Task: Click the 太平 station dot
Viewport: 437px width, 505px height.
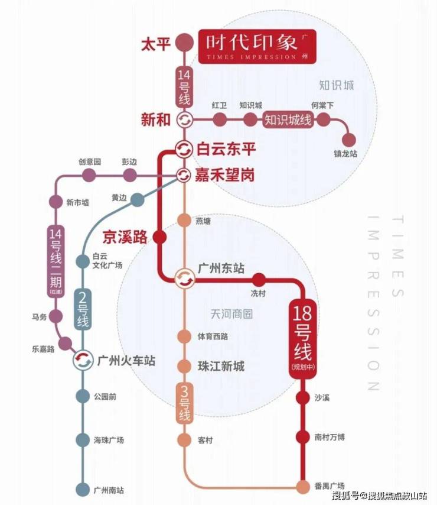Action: tap(185, 43)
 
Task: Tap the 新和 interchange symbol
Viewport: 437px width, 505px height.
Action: tap(185, 119)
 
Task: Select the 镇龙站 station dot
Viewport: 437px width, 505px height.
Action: tap(349, 140)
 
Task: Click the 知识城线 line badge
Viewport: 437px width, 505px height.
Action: tap(288, 119)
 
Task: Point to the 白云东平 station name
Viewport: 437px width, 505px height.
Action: tap(226, 150)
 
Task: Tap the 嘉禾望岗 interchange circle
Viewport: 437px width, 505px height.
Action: tap(184, 175)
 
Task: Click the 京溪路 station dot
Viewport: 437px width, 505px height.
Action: tap(159, 238)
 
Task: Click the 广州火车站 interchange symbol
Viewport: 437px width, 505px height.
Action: tap(83, 360)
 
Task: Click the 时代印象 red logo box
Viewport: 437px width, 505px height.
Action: tap(257, 46)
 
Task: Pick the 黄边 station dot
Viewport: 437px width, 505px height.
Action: tap(137, 200)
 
